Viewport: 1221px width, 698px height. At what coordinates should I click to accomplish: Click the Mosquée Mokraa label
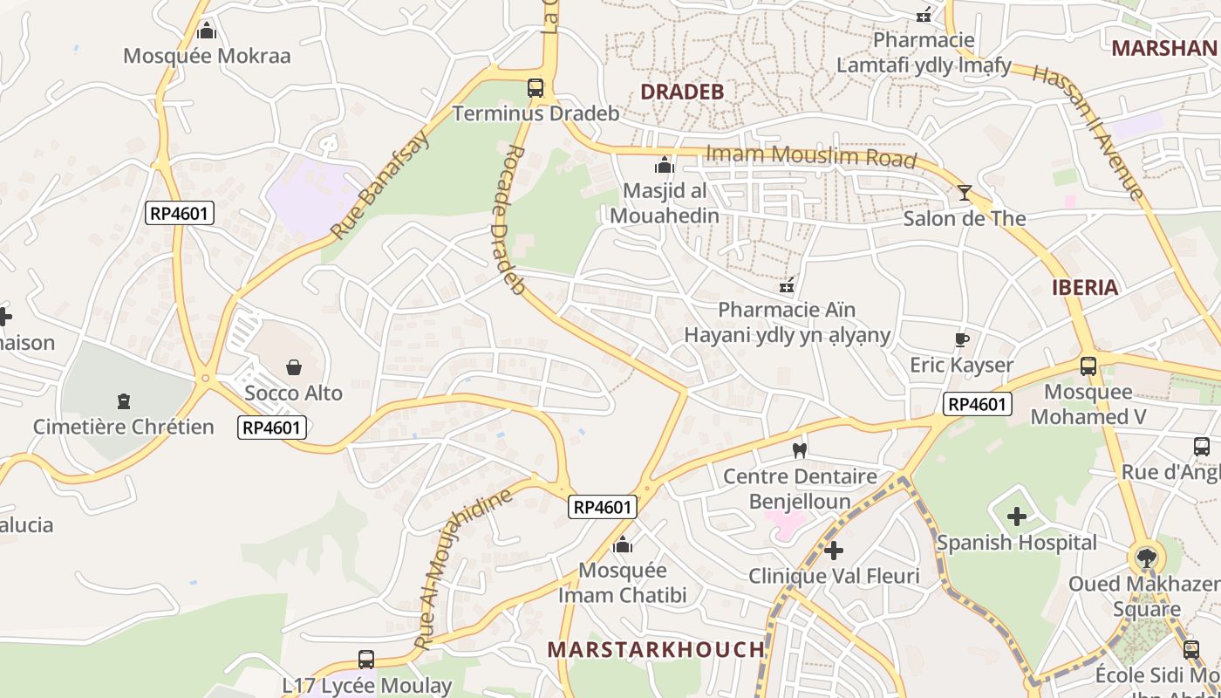point(207,56)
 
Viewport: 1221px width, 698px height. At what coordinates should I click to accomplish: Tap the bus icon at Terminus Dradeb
point(535,88)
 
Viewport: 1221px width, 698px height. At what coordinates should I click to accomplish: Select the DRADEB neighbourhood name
point(682,92)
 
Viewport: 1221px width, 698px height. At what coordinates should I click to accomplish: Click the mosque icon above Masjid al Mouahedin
point(665,165)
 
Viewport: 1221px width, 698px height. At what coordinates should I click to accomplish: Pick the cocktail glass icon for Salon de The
point(965,193)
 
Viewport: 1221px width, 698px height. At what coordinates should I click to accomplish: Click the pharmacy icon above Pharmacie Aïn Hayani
point(787,285)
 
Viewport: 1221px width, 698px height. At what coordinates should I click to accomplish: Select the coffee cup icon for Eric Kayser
point(962,339)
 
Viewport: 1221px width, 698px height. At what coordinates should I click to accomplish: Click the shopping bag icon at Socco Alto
point(294,367)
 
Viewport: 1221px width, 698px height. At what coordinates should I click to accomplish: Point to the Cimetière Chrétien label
point(123,427)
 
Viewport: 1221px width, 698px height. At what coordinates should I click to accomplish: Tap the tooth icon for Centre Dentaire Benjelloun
point(799,451)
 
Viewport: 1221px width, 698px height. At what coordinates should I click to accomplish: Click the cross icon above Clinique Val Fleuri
point(834,551)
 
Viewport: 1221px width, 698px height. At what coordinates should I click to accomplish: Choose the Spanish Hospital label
point(1016,543)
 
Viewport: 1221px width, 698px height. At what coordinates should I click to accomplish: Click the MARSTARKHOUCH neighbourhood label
point(656,649)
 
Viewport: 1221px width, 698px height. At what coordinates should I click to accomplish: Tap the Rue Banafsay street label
point(380,186)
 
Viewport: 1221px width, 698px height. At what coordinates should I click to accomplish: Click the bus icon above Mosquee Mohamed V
point(1088,366)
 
